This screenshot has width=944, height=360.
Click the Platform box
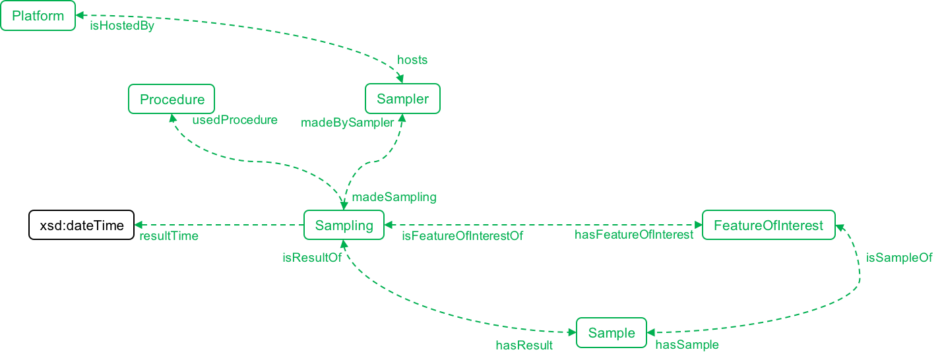tap(38, 16)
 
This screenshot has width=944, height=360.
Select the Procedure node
tap(172, 100)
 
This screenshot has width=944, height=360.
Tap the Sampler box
tap(402, 100)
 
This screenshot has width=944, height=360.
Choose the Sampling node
tap(344, 225)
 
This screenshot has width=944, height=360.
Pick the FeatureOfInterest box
tap(769, 225)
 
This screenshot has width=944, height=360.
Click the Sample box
tap(612, 333)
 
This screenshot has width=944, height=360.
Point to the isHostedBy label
tap(122, 27)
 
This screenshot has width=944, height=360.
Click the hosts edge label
tap(412, 60)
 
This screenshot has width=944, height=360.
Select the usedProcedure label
tap(235, 121)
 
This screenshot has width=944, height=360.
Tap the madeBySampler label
tap(348, 123)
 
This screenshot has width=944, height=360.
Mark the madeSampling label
tap(394, 197)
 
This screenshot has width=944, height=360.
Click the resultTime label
tap(168, 236)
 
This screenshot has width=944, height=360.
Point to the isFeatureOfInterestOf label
tap(462, 236)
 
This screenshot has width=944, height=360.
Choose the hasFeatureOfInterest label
tap(634, 235)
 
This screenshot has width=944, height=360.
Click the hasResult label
tap(524, 345)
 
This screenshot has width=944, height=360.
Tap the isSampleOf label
tap(899, 258)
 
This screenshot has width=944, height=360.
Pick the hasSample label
tap(687, 345)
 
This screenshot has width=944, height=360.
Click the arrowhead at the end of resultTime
tap(137, 225)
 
